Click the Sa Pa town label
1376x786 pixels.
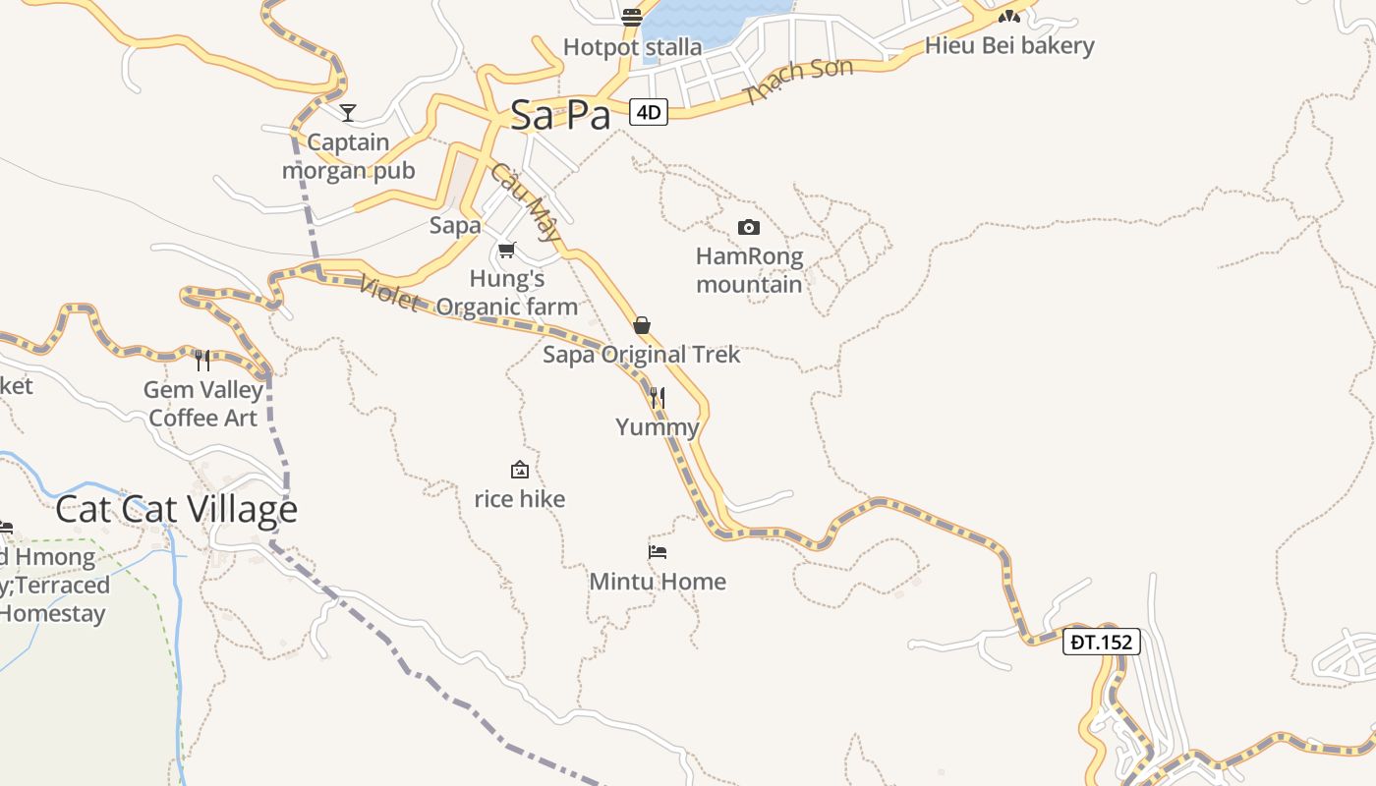coord(560,115)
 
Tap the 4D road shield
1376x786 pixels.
coord(649,112)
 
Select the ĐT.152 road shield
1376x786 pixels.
coord(1102,643)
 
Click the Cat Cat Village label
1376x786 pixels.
coord(176,509)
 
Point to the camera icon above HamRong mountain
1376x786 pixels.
coord(749,227)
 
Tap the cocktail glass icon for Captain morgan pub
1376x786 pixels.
coord(347,113)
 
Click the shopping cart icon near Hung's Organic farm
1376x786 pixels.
coord(506,251)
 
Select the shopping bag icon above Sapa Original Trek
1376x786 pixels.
coord(642,325)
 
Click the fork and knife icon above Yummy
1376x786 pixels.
coord(658,398)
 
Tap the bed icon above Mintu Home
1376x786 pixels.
coord(658,551)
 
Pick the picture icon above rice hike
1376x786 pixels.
coord(520,471)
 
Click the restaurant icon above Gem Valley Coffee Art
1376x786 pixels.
coord(202,361)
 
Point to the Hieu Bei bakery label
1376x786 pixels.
coord(1009,45)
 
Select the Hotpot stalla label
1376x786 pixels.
coord(632,46)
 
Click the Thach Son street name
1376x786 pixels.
coord(785,82)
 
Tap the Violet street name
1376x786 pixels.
coord(389,292)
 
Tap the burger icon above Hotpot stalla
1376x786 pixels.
coord(632,17)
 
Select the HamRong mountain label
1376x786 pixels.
coord(749,270)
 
